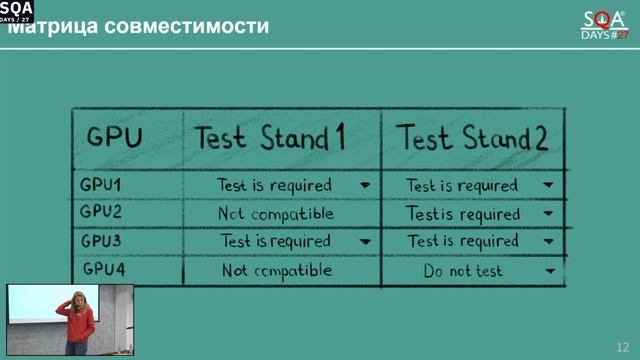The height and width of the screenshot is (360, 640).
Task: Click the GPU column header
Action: [x=115, y=139]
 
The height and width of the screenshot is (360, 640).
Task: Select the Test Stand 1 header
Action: [x=270, y=138]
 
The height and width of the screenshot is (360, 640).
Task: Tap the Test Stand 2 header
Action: [x=473, y=138]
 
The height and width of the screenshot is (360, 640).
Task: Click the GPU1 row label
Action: [x=100, y=185]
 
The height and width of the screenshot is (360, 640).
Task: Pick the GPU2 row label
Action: [x=100, y=212]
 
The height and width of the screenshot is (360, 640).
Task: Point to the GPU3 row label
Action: [x=100, y=241]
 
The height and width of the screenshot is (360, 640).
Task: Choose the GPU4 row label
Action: [x=100, y=270]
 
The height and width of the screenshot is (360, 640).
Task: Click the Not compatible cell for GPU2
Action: [x=276, y=214]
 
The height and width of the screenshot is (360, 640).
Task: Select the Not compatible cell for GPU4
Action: [x=276, y=271]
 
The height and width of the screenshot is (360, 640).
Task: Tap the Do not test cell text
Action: [x=462, y=271]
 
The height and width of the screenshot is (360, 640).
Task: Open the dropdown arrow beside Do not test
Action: [x=548, y=271]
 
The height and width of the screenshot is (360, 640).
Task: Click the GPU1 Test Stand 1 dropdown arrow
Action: [x=364, y=185]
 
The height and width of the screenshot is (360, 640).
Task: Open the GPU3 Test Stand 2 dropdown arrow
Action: [x=548, y=242]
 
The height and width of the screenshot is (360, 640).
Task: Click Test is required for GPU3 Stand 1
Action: [x=276, y=242]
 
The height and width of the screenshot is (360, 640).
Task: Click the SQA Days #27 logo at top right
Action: [x=604, y=24]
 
